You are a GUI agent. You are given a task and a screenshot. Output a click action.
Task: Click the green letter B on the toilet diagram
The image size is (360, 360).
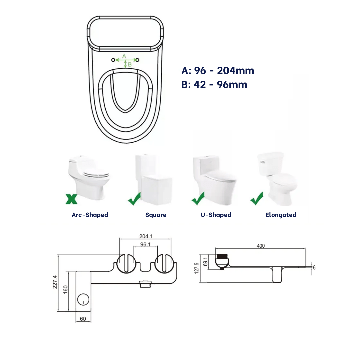[x=130, y=64]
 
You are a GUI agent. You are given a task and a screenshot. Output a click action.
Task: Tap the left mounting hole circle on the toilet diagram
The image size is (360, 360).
[x=113, y=60]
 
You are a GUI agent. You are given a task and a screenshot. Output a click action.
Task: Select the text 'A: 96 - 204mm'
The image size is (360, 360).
[x=218, y=71]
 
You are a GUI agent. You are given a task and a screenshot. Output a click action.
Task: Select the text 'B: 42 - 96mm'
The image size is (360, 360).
[x=214, y=85]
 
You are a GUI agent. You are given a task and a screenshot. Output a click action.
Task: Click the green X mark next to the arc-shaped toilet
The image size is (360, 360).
[x=71, y=199]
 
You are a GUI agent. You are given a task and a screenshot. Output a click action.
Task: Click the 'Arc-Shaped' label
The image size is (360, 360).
[x=90, y=215]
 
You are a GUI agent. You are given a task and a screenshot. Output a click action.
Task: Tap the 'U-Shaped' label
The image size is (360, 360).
[x=216, y=215]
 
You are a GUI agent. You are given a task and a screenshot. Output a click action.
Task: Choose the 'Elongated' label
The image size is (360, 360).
[x=281, y=215]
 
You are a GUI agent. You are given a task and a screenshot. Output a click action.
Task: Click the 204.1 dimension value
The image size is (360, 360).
[x=146, y=236]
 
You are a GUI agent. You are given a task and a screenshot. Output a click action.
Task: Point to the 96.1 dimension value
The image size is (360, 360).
[x=145, y=244]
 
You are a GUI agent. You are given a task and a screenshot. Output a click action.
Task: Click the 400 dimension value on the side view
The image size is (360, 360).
[x=261, y=246]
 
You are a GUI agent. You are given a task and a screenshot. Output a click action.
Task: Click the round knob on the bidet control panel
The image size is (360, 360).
[x=82, y=300]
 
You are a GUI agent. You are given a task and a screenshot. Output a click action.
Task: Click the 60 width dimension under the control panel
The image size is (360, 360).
[x=83, y=319]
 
